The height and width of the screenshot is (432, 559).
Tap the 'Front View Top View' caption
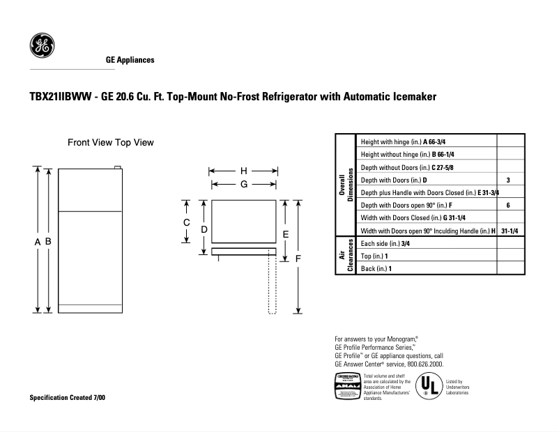click(x=110, y=142)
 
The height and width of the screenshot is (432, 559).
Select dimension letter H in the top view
click(x=243, y=171)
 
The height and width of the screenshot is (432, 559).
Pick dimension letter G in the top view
click(x=243, y=184)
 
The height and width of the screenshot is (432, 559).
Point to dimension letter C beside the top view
click(x=187, y=222)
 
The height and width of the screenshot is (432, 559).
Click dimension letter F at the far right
click(x=298, y=259)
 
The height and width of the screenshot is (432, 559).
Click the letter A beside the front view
click(x=37, y=241)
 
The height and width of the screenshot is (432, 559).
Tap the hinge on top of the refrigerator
click(x=118, y=167)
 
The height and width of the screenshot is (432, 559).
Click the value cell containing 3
click(x=508, y=180)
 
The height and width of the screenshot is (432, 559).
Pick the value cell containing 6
click(x=508, y=206)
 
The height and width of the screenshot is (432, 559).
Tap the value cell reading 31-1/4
click(x=508, y=231)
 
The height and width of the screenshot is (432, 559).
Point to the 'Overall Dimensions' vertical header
click(x=345, y=185)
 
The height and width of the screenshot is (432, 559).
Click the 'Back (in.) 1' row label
click(x=376, y=268)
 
